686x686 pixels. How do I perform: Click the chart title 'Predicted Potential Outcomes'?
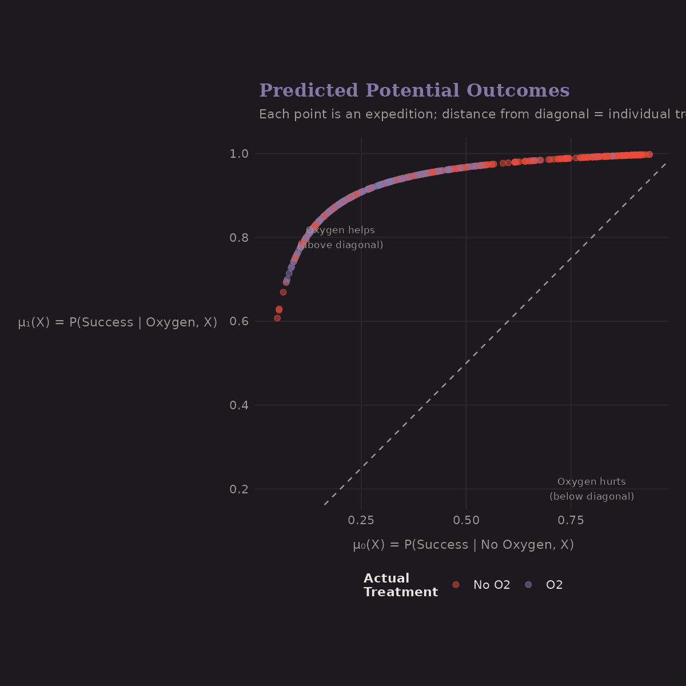[414, 91]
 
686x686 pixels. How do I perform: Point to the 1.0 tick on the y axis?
[239, 154]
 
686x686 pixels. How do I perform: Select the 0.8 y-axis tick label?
[239, 238]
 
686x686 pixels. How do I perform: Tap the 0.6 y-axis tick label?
[239, 322]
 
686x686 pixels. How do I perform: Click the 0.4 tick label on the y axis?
[239, 406]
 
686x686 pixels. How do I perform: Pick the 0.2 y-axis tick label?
[239, 490]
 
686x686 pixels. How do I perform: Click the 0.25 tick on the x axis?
[361, 520]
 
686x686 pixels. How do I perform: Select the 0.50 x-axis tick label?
[466, 520]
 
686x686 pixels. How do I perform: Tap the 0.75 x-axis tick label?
[571, 520]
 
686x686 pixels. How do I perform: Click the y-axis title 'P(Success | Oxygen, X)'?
[118, 322]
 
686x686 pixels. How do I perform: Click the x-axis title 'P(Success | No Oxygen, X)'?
[463, 545]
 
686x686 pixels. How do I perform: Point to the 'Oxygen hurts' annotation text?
[592, 482]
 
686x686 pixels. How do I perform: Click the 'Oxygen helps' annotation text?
[340, 230]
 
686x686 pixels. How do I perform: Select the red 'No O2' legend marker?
[456, 585]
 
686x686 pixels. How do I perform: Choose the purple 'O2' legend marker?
[528, 585]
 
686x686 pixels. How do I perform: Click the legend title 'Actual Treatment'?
[400, 585]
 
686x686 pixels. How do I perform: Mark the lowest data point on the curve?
[277, 318]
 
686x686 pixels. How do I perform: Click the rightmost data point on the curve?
[649, 154]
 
